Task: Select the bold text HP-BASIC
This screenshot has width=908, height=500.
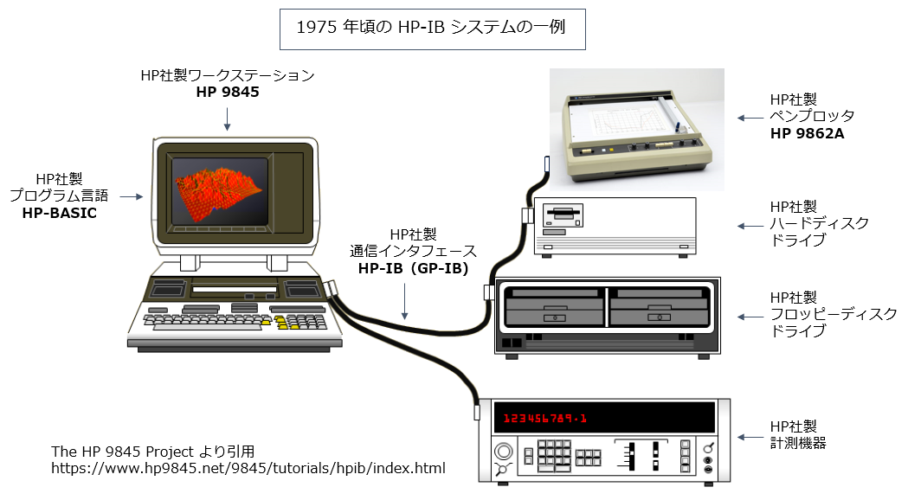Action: (59, 212)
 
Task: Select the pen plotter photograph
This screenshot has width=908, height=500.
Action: (636, 130)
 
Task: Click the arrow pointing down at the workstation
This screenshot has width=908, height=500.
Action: (227, 119)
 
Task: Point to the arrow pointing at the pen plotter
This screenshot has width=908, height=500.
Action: (747, 117)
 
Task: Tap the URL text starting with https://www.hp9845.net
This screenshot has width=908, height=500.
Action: (248, 469)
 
